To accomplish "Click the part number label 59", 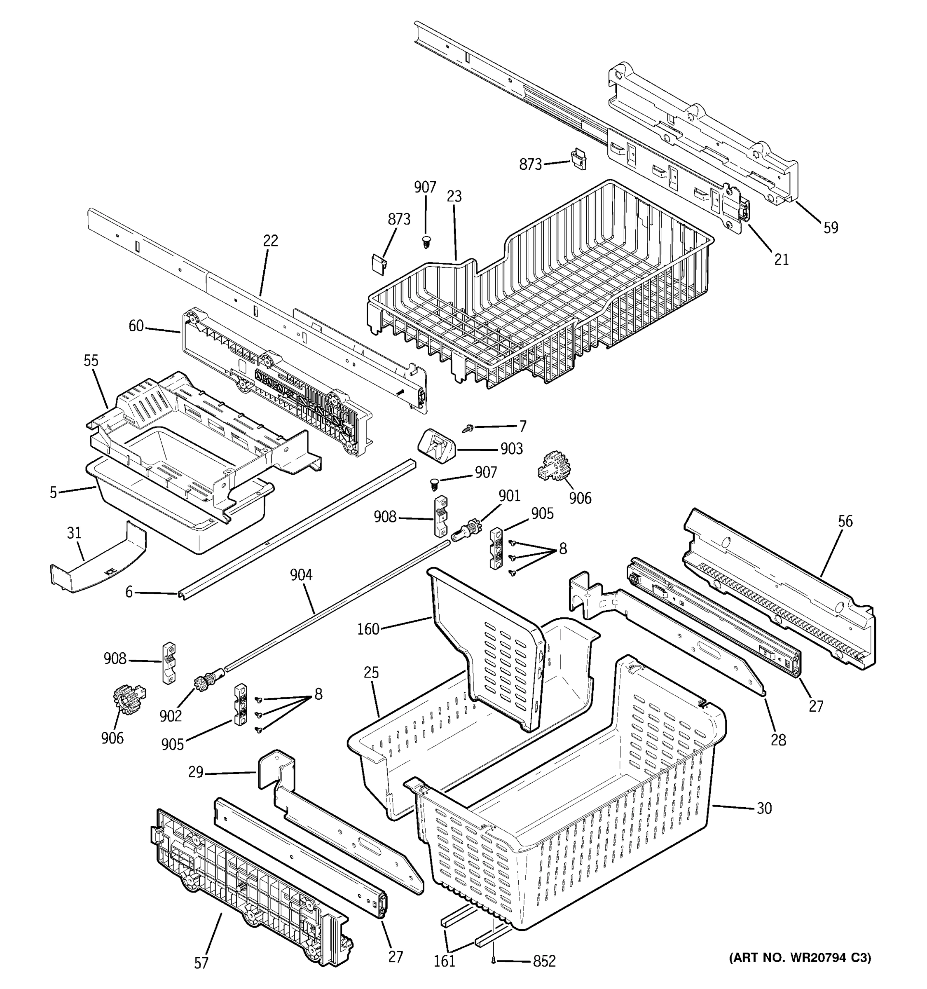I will tap(831, 228).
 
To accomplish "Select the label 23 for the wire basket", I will tap(454, 197).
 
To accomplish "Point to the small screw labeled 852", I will tap(493, 961).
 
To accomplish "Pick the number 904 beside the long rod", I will tap(301, 575).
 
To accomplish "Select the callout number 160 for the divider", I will tap(368, 629).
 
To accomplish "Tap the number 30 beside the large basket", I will tap(764, 809).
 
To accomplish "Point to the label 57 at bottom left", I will tap(201, 963).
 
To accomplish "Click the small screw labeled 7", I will tap(468, 427).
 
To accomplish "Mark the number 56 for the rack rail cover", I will tap(845, 521).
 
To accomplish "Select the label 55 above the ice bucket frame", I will tap(91, 361).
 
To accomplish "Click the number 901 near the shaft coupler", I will tap(509, 496).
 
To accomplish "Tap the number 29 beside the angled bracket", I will tap(196, 773).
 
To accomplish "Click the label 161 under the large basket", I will tap(444, 961).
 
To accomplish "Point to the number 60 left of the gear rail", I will tap(136, 326).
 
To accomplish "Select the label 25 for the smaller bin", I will tap(371, 673).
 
